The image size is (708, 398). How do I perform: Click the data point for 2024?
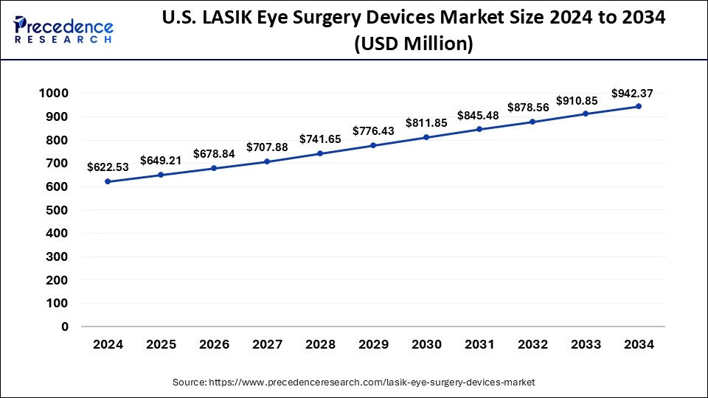[x=108, y=181]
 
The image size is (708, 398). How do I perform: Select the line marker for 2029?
[x=373, y=145]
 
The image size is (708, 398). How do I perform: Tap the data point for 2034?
[x=639, y=106]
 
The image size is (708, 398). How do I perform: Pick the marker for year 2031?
[x=479, y=129]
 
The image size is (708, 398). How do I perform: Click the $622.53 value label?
[x=108, y=167]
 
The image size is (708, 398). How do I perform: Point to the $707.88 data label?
[x=267, y=147]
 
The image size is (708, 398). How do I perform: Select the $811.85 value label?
[x=426, y=123]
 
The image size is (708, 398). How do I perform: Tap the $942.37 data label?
[x=632, y=93]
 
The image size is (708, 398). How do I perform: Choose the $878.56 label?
[x=528, y=107]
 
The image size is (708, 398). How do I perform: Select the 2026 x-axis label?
[x=214, y=344]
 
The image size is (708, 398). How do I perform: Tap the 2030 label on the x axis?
[x=426, y=344]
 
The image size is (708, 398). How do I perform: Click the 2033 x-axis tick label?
[x=586, y=344]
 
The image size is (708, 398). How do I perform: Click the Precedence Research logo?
[x=63, y=29]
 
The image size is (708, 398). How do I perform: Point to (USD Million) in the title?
[x=413, y=43]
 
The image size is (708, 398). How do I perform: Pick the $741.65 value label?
[x=320, y=139]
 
